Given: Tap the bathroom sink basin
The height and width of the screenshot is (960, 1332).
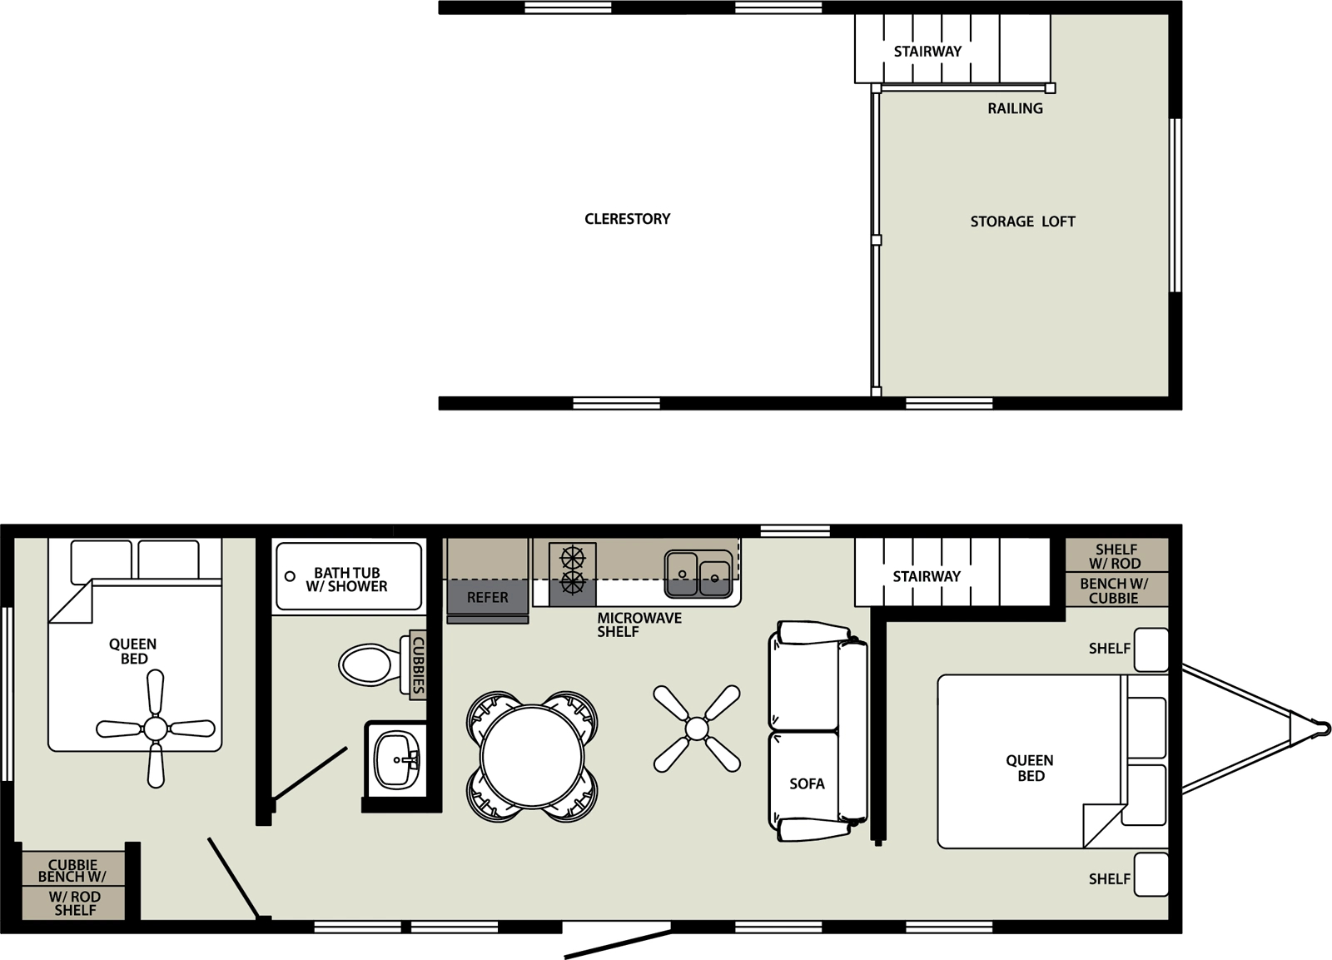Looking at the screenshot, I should point(396,759).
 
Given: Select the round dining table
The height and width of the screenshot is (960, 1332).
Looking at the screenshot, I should point(532,756).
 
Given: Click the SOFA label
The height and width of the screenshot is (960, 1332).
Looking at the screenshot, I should point(807,783).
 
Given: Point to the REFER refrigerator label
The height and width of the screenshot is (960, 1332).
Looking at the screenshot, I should point(487,597).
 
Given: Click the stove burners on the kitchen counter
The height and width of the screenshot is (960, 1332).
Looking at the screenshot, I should point(573,570).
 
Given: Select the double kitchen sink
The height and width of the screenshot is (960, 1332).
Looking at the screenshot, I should point(698,574).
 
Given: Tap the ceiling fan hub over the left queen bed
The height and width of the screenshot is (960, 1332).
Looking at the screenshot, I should point(156,729).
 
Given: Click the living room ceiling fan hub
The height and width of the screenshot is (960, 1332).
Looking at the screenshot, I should point(697,729).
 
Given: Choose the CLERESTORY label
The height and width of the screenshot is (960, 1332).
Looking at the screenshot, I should point(627,219).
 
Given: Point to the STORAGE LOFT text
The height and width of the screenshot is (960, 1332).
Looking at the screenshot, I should point(1022,221).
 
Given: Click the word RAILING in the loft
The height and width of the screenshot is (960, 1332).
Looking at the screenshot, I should point(1015,108).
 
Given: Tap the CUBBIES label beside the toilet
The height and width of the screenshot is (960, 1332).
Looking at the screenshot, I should point(419,665).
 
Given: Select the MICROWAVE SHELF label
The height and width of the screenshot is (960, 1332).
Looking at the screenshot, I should point(639,624).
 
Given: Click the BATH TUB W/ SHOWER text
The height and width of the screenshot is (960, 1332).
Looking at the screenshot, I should point(346,579).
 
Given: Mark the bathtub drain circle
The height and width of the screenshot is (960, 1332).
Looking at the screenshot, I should point(290,576).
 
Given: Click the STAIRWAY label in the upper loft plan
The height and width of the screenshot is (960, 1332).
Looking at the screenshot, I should point(927,51).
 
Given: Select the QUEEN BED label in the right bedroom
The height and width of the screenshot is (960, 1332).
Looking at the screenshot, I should point(1030,768).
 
